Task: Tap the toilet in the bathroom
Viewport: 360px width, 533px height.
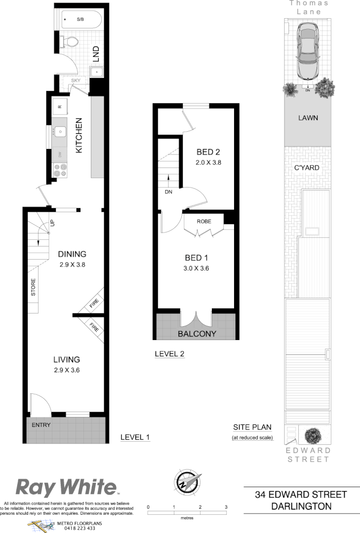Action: point(69,42)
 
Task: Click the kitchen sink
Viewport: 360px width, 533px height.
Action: point(60,132)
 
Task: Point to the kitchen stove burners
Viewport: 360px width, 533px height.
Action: point(60,170)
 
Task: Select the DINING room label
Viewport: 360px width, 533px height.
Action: point(72,254)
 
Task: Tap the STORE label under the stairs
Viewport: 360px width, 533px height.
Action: point(34,288)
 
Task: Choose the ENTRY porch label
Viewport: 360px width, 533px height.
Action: point(41,424)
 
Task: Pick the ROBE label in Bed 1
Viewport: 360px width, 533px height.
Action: point(204,222)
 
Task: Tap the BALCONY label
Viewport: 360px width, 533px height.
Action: point(197,334)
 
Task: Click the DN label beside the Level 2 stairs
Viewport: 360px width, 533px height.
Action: point(168,192)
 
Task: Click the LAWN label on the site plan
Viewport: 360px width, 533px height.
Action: point(308,118)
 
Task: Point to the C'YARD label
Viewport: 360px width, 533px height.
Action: point(307,168)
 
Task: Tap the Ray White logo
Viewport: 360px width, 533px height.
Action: point(66,487)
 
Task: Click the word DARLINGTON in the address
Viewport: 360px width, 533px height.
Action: point(301,506)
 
